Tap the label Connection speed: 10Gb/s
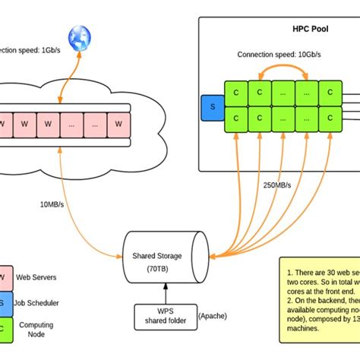[279, 55]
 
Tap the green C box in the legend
[5, 329]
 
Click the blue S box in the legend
[5, 302]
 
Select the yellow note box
[318, 304]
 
